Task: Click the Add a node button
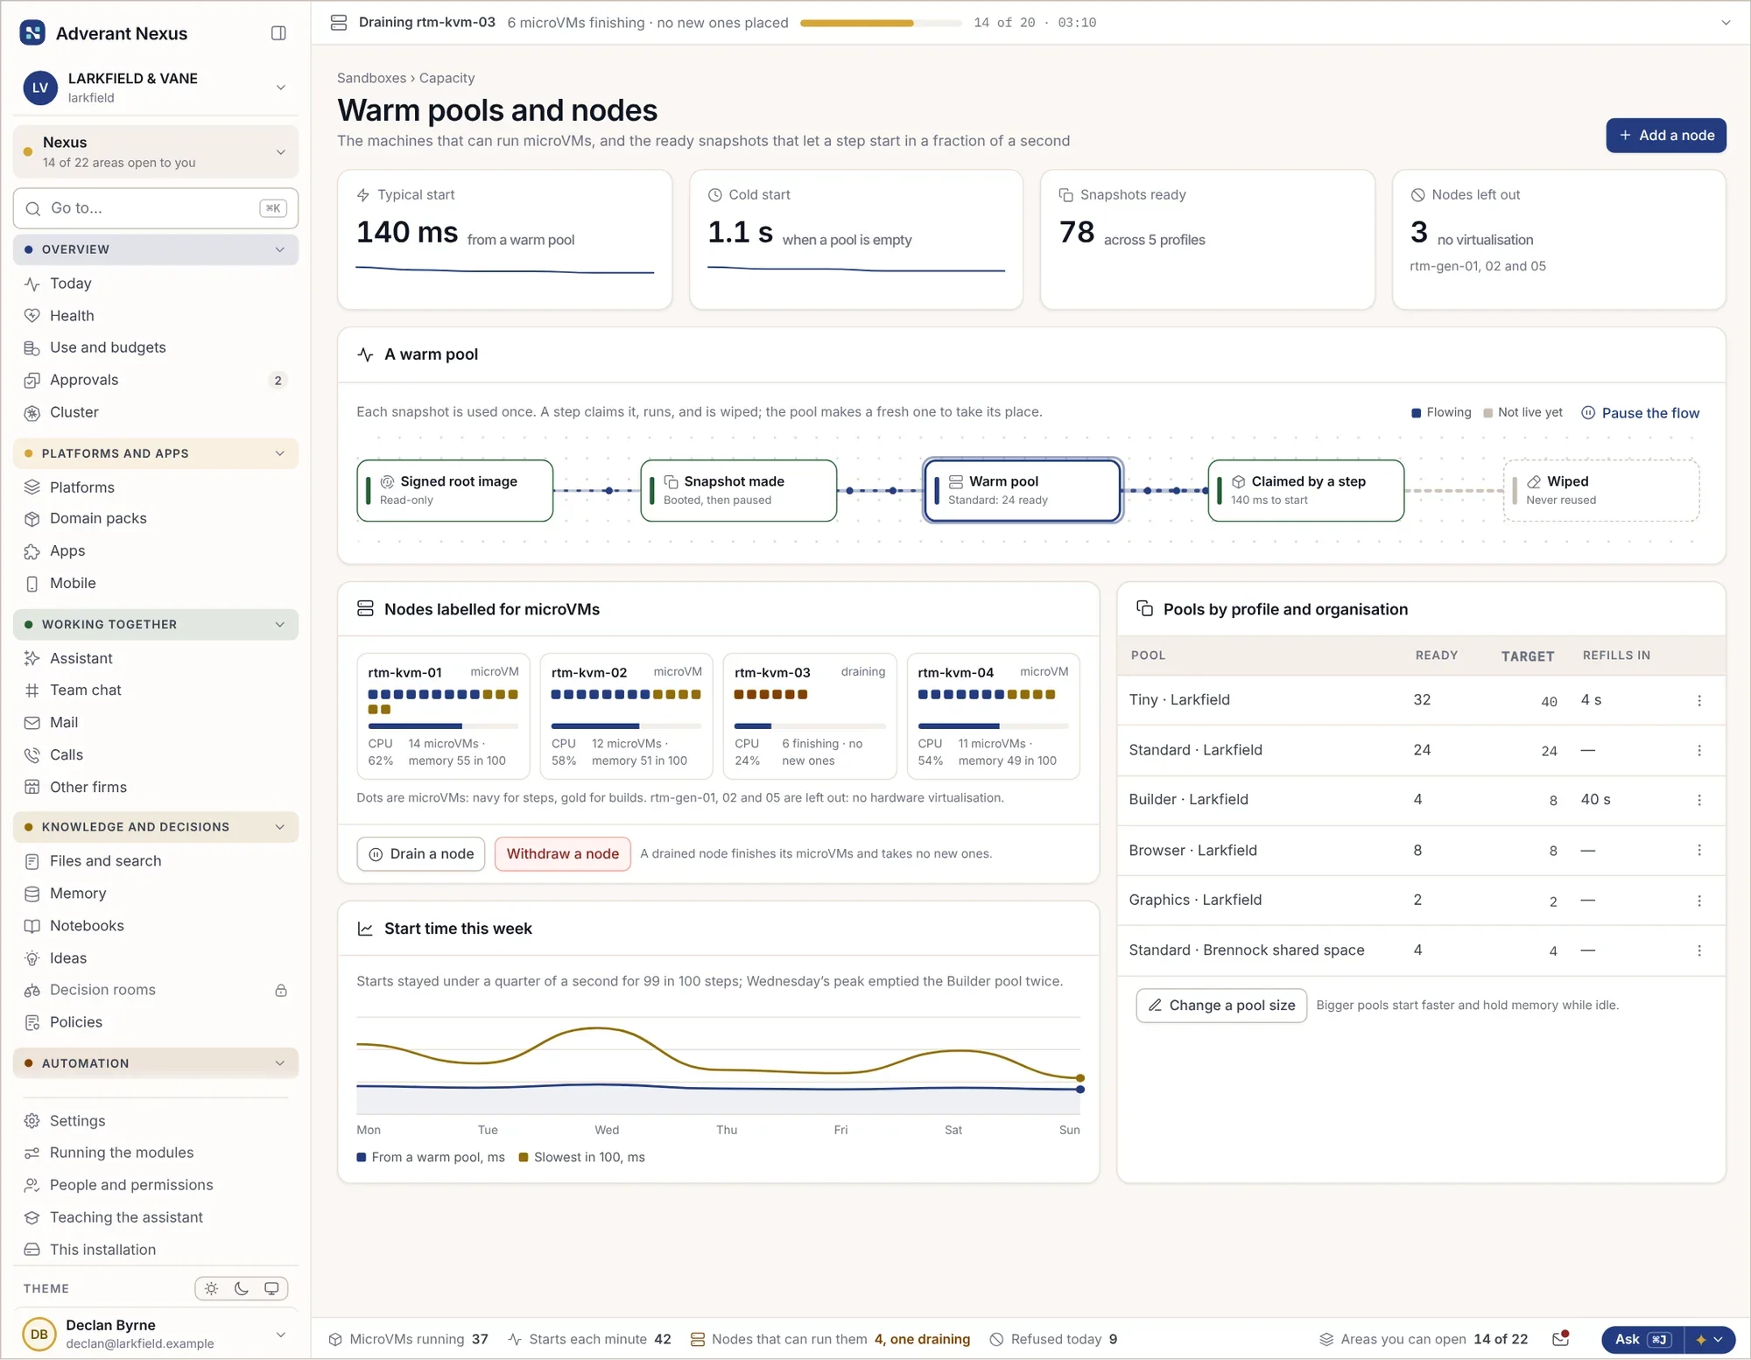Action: [1665, 136]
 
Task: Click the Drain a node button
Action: [422, 854]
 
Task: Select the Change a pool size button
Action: [1221, 1006]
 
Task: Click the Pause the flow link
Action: [1640, 413]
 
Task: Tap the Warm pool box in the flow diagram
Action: [1023, 490]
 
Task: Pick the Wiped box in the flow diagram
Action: [1601, 490]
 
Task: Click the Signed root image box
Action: [455, 490]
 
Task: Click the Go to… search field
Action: [156, 208]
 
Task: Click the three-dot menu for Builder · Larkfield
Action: [1699, 800]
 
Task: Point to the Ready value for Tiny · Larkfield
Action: [1422, 700]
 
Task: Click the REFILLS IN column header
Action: [1616, 655]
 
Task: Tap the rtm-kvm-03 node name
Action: [772, 673]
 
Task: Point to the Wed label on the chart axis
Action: [607, 1130]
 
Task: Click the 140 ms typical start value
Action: [407, 232]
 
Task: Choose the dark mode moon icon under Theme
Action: [242, 1288]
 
